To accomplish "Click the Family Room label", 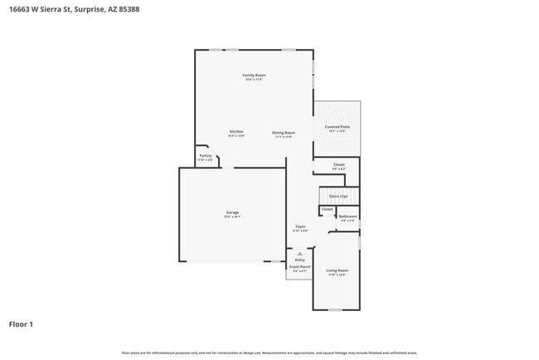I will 254,75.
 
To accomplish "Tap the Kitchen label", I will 236,132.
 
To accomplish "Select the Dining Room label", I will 284,133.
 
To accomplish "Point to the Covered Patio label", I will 337,127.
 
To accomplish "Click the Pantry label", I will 206,155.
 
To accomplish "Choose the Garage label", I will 232,212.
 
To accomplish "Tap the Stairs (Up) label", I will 338,196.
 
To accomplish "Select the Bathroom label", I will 347,216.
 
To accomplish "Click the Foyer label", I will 300,226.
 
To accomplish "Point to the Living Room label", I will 337,271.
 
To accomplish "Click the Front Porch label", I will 300,267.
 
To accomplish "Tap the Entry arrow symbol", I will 300,253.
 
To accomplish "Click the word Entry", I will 300,260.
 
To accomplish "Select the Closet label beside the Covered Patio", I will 339,164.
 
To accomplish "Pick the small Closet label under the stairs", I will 327,209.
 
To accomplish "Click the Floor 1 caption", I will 22,324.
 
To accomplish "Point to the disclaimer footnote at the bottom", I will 269,353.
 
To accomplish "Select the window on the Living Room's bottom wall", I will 334,310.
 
